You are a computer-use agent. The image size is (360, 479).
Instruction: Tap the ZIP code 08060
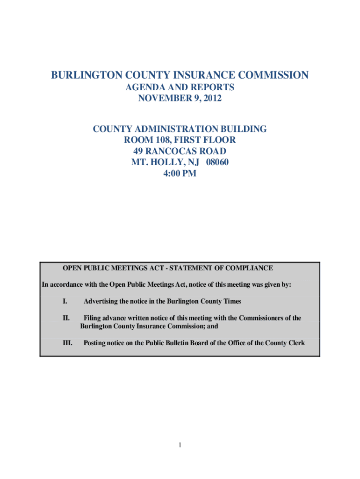(216, 163)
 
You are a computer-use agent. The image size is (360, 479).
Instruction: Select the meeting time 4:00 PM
(180, 174)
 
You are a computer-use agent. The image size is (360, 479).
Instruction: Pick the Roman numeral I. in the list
(65, 302)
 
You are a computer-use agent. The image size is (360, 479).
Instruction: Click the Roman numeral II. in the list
(66, 318)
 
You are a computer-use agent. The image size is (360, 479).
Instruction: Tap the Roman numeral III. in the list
(67, 343)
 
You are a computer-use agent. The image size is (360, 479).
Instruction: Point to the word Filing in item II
(92, 318)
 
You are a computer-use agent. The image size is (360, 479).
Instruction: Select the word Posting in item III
(94, 343)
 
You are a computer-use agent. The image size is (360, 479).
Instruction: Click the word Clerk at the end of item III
(295, 343)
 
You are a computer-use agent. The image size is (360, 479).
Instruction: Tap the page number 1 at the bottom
(180, 445)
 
